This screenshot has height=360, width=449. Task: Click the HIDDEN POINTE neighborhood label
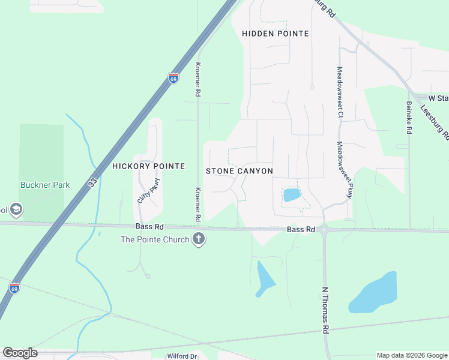[x=275, y=34]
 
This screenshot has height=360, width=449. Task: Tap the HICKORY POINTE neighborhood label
[x=148, y=166]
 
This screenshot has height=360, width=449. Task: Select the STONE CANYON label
[x=240, y=171]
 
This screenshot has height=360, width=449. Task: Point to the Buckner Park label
[x=44, y=185]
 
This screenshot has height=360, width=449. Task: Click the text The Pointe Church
[x=155, y=239]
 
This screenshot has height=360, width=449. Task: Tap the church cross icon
[x=199, y=239]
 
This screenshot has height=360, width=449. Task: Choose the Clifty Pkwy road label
[x=149, y=191]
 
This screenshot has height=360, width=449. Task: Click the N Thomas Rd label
[x=325, y=310]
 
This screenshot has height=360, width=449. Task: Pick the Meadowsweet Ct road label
[x=340, y=91]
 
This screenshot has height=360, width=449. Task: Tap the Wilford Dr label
[x=182, y=356]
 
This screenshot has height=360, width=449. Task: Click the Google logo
[x=20, y=353]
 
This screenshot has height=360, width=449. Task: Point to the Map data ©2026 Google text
[x=412, y=355]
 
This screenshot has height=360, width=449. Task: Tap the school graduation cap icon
[x=16, y=209]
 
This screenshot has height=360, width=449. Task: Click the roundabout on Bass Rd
[x=325, y=229]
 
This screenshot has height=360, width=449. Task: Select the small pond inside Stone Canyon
[x=292, y=194]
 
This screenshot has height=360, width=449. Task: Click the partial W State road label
[x=438, y=98]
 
